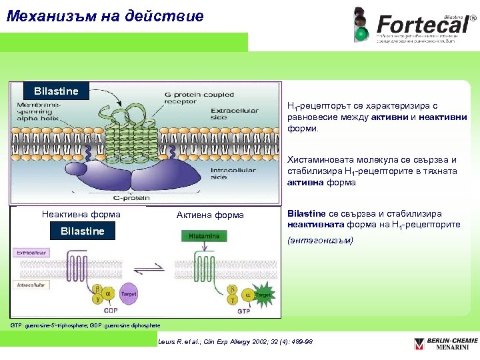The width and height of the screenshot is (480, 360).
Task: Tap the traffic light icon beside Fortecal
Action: pyautogui.click(x=361, y=25)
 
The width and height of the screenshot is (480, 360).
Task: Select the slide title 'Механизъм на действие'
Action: pyautogui.click(x=105, y=16)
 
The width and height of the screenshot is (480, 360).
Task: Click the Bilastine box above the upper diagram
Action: pyautogui.click(x=57, y=91)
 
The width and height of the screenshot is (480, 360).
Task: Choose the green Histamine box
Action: pyautogui.click(x=204, y=236)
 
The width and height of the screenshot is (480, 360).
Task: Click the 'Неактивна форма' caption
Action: pyautogui.click(x=81, y=215)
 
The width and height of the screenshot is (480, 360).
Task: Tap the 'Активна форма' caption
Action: pyautogui.click(x=210, y=215)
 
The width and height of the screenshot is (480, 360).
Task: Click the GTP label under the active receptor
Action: pyautogui.click(x=243, y=311)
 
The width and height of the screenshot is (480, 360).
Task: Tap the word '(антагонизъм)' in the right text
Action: pyautogui.click(x=320, y=240)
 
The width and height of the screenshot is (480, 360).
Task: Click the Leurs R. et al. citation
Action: pyautogui.click(x=235, y=342)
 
